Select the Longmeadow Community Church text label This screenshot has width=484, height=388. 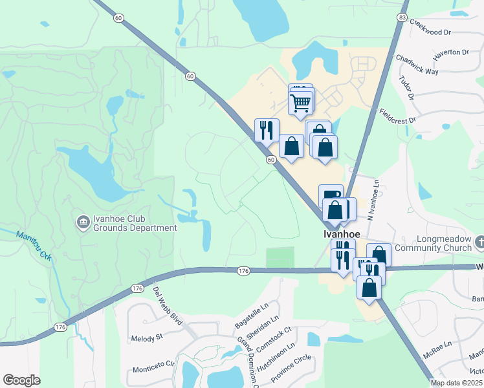(442, 242)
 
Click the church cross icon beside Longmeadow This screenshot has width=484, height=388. (479, 242)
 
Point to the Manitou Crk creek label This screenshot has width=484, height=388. (34, 246)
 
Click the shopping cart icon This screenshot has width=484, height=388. (301, 102)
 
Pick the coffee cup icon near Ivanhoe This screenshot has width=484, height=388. (331, 196)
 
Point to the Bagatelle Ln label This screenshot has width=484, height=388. (250, 316)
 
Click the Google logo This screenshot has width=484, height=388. (21, 380)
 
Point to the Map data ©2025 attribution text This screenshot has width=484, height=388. (456, 383)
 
